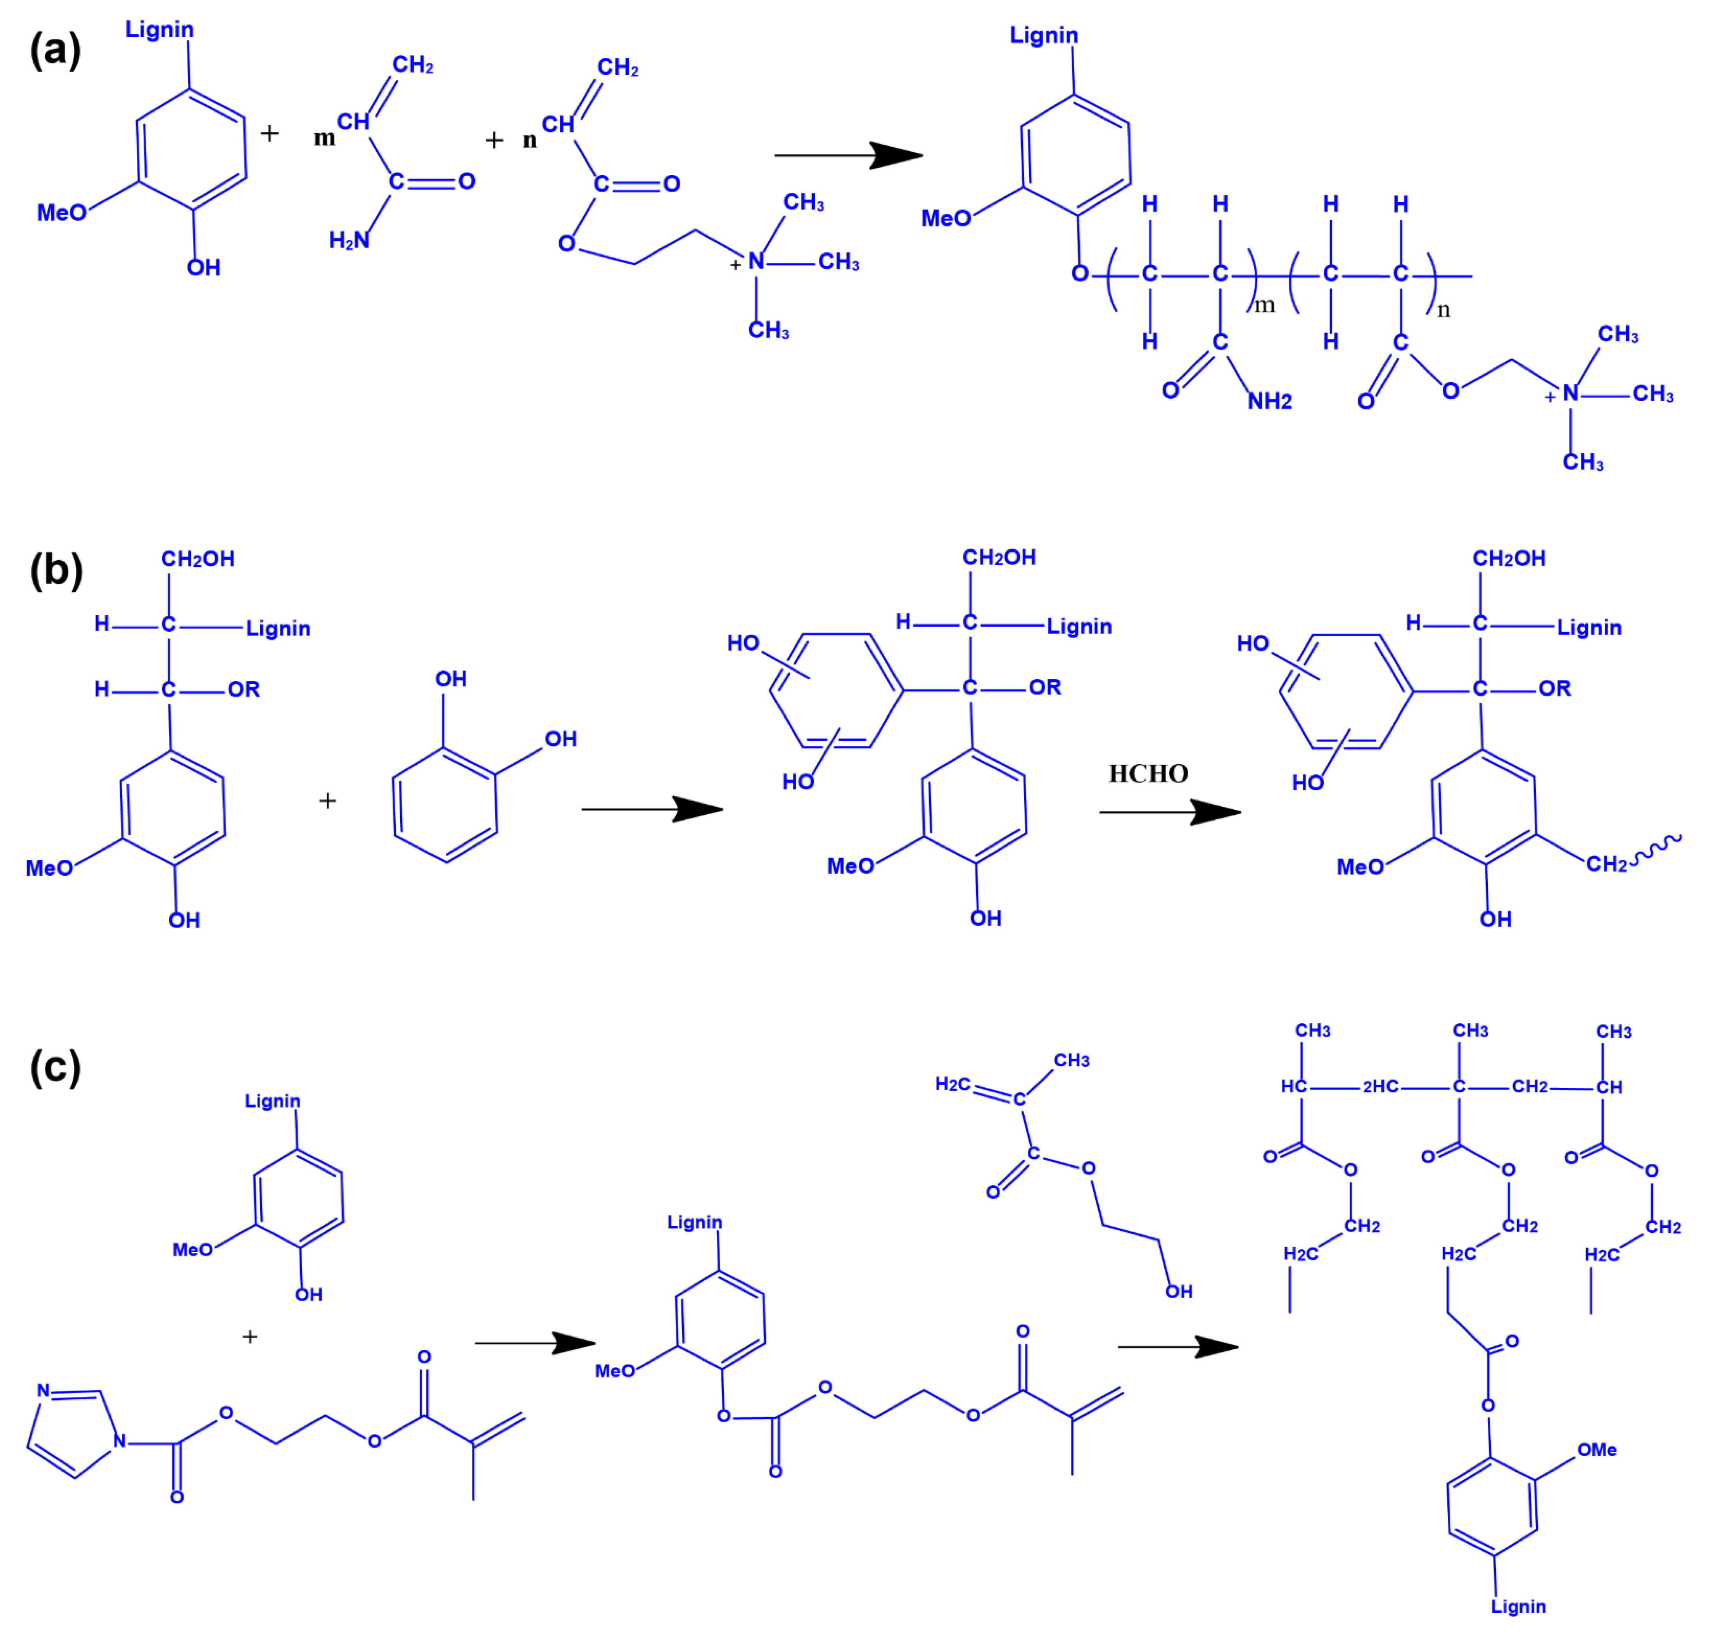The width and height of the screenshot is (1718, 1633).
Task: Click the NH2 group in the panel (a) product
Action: coord(1270,401)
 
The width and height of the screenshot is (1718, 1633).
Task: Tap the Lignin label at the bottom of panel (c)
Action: coord(1519,1606)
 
